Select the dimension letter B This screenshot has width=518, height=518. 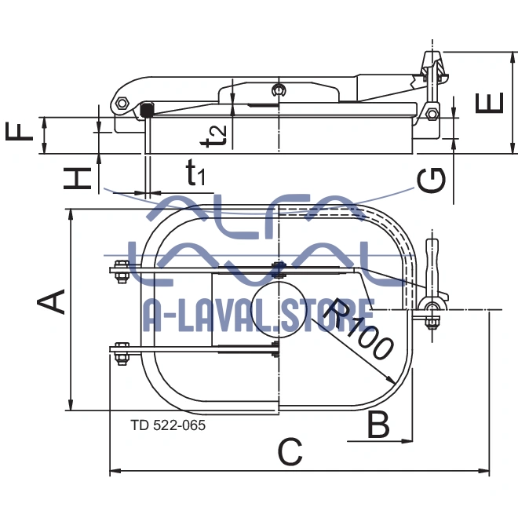[x=378, y=425]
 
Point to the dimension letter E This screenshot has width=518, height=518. [x=490, y=102]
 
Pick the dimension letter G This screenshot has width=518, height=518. [x=432, y=181]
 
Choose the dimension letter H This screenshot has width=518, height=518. [x=78, y=178]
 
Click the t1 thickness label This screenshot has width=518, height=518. [x=195, y=172]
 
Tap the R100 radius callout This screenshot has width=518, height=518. [x=357, y=330]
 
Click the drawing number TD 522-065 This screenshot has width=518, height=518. [x=169, y=425]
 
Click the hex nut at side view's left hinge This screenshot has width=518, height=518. [x=121, y=104]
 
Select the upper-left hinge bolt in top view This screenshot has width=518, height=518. [x=120, y=274]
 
